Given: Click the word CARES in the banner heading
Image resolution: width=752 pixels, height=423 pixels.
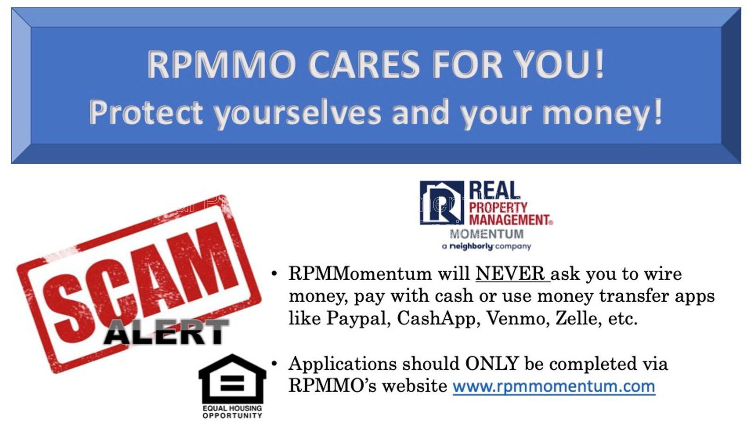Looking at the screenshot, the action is pos(363,64).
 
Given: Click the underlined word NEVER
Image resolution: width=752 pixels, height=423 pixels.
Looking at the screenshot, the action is pos(510,273).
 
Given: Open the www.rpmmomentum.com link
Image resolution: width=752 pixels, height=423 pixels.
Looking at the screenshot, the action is pos(554,386).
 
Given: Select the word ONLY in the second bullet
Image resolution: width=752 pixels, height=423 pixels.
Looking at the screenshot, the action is pos(492,363).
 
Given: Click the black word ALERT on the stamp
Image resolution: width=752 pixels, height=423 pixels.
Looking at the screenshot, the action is pos(166,332).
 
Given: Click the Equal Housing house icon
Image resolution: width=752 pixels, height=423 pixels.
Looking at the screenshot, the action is pos(232,379).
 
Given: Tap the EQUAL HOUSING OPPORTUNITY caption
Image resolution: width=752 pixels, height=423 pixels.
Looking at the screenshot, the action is pos(232,412).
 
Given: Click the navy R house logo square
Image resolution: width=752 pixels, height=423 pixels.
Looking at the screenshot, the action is pos(442,203).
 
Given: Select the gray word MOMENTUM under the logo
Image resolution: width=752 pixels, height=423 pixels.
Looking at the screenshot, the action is pos(486,234).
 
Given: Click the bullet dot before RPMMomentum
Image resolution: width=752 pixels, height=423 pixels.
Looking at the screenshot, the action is pos(274,273).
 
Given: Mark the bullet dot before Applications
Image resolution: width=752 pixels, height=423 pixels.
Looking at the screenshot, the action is pos(274,363).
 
